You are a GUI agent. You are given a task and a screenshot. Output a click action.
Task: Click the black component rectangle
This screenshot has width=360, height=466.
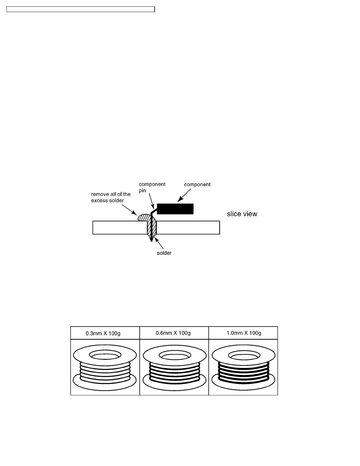pyautogui.click(x=175, y=209)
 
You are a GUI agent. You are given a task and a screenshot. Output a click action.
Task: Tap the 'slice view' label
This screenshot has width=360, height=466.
pyautogui.click(x=242, y=214)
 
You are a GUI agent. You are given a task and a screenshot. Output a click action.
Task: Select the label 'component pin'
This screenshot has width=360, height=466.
pyautogui.click(x=152, y=187)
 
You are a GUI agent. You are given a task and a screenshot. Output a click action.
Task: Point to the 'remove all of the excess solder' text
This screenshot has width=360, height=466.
pyautogui.click(x=111, y=197)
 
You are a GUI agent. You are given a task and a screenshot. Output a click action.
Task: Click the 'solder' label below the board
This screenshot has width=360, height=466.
pyautogui.click(x=164, y=253)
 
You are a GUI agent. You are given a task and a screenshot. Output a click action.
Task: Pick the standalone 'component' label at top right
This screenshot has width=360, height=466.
pyautogui.click(x=197, y=185)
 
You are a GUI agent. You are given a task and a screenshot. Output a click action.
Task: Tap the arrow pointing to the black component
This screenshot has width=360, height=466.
pyautogui.click(x=185, y=195)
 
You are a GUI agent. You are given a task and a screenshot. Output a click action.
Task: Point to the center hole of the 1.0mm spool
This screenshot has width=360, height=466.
pyautogui.click(x=243, y=356)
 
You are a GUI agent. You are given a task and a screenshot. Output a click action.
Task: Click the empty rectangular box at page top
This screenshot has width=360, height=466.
pyautogui.click(x=81, y=9)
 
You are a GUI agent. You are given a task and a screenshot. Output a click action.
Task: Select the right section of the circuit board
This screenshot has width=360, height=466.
pyautogui.click(x=188, y=227)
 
